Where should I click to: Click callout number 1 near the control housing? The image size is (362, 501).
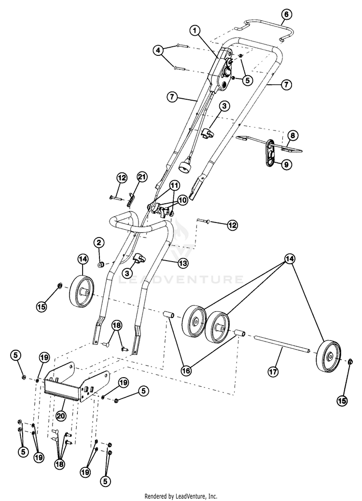pos(195,30)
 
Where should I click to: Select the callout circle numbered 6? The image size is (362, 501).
pos(286,14)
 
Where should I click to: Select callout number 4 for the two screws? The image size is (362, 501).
pos(157,50)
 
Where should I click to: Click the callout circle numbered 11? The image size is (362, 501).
pos(174,185)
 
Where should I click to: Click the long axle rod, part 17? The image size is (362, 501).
pos(280,346)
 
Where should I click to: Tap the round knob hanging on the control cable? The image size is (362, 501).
pos(184,167)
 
